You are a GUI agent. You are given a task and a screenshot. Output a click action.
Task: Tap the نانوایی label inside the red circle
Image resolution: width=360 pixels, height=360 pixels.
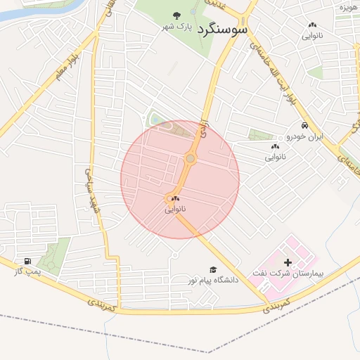click(176, 210)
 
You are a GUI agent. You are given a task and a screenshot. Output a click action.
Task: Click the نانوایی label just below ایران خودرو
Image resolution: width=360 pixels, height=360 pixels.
click(276, 157)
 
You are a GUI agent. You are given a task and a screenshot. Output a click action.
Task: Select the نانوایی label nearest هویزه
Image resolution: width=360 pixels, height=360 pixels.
click(313, 34)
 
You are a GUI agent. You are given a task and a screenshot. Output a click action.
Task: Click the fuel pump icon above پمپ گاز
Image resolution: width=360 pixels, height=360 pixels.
click(28, 261)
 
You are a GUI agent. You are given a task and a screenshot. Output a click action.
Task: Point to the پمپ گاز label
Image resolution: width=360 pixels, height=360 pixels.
click(28, 271)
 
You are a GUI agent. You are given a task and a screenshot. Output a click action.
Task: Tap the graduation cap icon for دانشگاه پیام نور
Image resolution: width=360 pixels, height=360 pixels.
click(213, 269)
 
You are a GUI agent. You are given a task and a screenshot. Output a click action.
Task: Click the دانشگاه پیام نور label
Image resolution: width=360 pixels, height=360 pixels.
click(213, 280)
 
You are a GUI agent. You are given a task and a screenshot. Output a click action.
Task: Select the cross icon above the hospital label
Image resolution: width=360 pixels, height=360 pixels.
click(287, 262)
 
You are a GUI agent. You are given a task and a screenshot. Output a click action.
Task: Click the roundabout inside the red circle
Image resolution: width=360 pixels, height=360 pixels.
click(190, 159)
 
